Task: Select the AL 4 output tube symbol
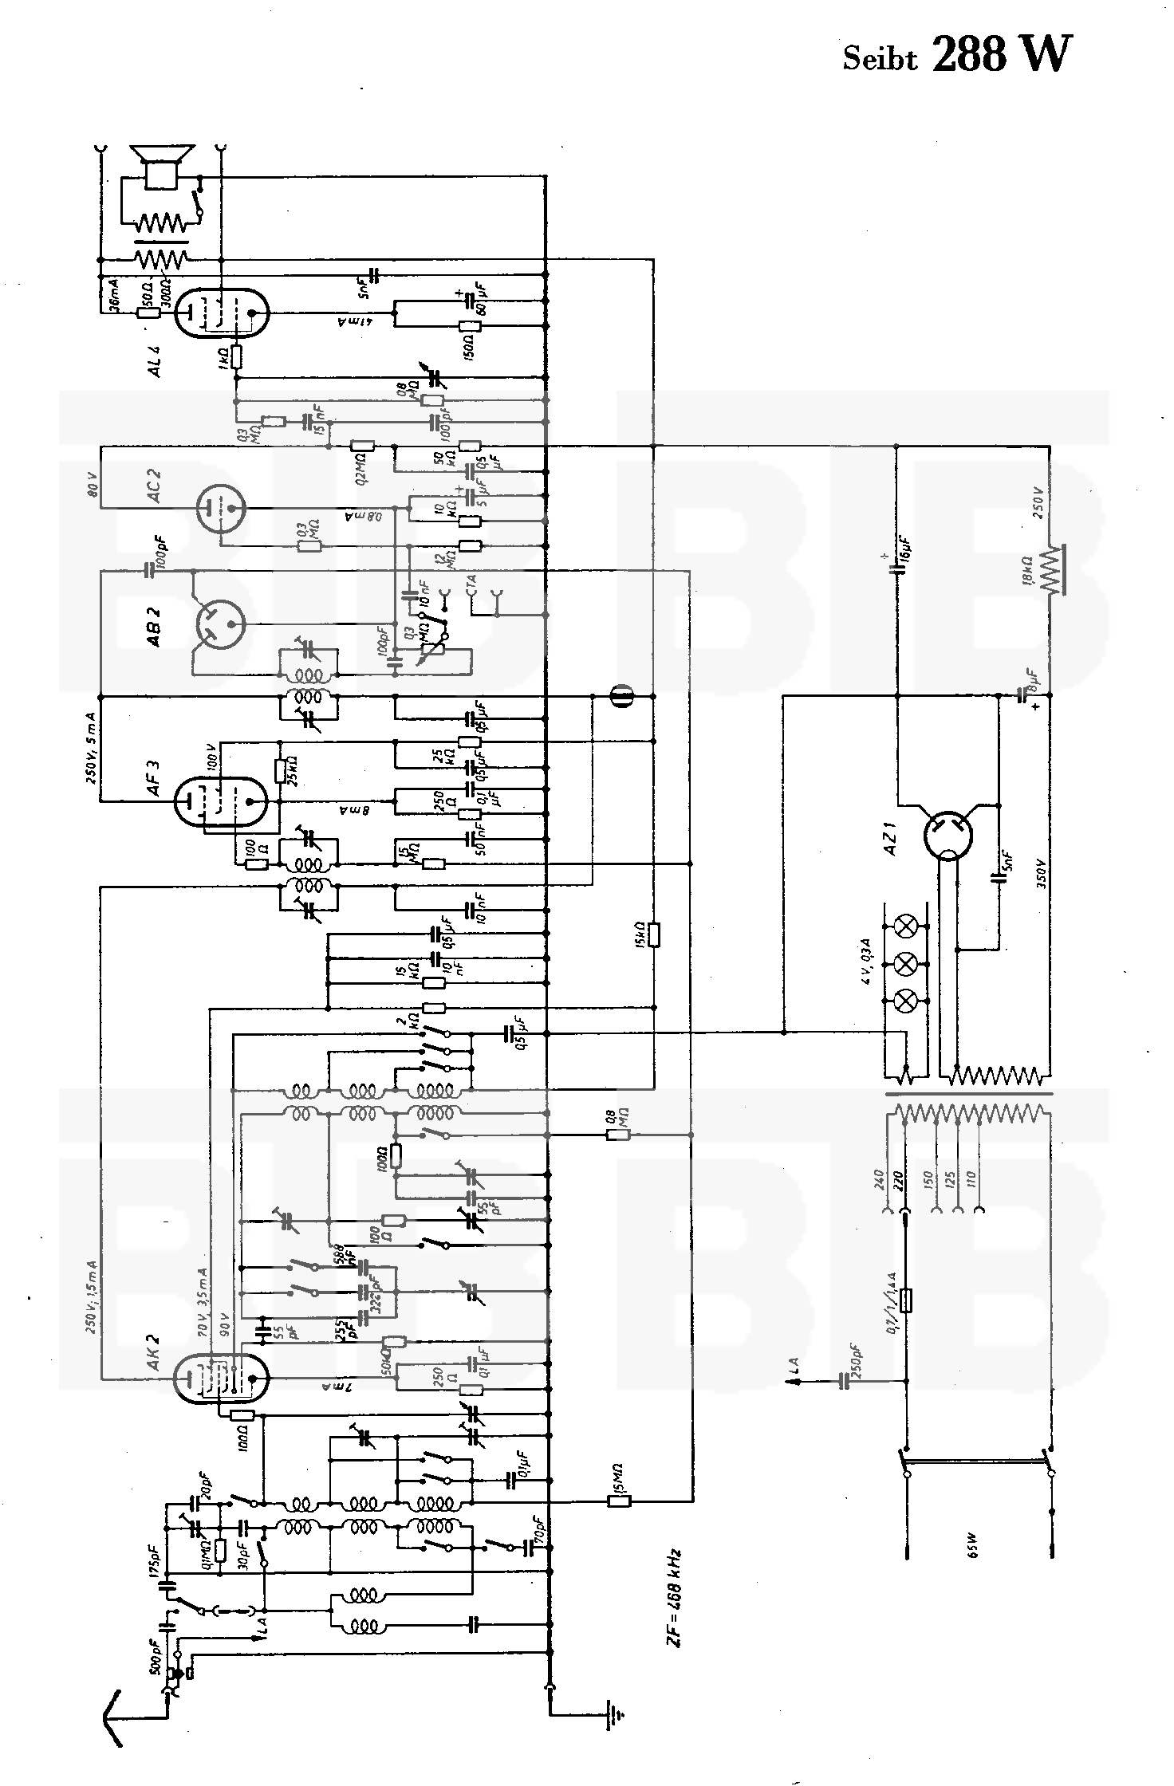pos(221,313)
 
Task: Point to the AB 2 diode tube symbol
pos(219,624)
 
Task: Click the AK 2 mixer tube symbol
pos(221,1377)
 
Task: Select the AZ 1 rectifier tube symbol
pos(949,836)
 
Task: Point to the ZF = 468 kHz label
pos(676,1594)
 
